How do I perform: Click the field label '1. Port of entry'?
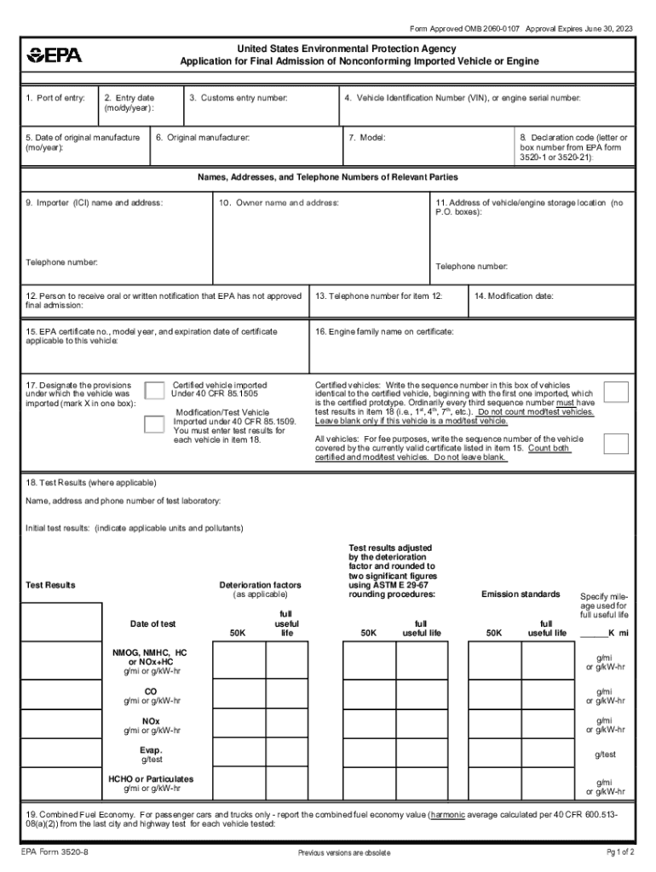pos(55,98)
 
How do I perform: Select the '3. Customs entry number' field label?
pos(239,98)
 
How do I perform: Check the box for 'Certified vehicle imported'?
pos(154,390)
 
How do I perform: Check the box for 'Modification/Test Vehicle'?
pos(154,425)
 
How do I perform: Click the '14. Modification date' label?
pos(514,296)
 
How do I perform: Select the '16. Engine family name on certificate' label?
pos(384,330)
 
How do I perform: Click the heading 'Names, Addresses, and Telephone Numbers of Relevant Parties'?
pos(328,177)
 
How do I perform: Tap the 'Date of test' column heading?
pos(152,624)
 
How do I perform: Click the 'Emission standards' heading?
pos(521,594)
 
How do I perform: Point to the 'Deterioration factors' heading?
pos(260,585)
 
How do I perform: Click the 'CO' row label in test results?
pos(151,691)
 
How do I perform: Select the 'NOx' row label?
pos(151,720)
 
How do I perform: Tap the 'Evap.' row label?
pos(151,749)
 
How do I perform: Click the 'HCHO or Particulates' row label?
pos(151,778)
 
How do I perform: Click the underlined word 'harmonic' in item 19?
pos(448,814)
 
